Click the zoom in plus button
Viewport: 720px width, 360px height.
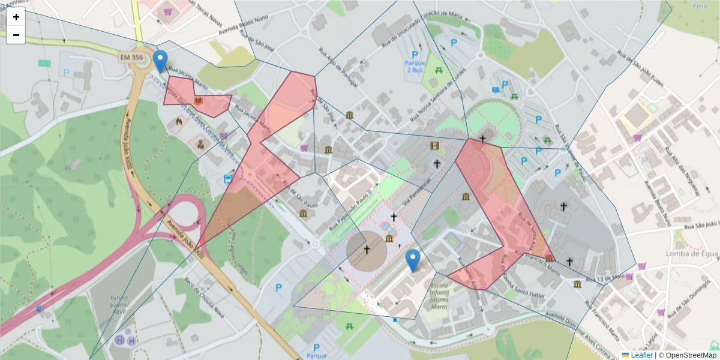[16, 17]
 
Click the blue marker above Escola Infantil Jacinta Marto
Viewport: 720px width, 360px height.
[413, 260]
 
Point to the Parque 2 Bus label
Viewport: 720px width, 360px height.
[415, 67]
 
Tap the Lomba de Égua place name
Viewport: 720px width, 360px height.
[691, 254]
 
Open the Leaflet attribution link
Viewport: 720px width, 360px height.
[641, 355]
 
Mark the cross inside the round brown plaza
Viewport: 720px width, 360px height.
[367, 250]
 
